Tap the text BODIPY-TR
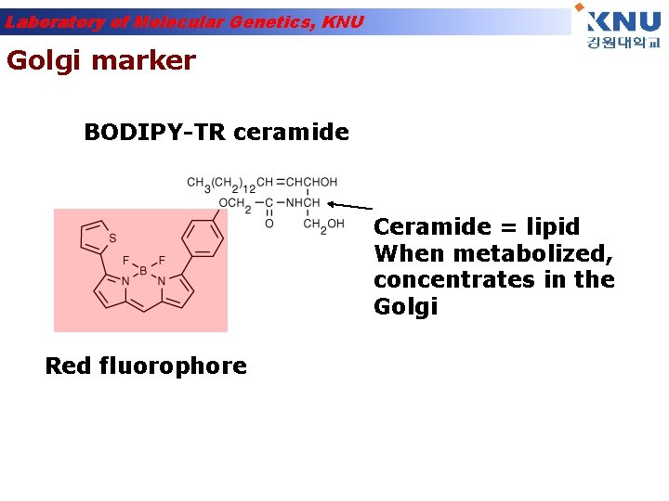[x=155, y=133]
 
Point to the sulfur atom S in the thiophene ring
[x=112, y=238]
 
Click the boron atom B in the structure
[x=142, y=272]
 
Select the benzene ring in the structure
[x=204, y=238]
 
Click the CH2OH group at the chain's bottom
[x=323, y=224]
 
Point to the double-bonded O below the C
[x=269, y=224]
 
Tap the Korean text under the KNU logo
[x=623, y=44]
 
